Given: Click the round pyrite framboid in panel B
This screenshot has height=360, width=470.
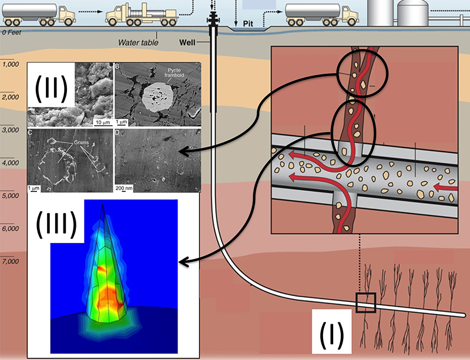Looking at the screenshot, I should click(x=156, y=97).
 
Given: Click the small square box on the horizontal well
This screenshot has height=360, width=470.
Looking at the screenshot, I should click(x=365, y=302).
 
